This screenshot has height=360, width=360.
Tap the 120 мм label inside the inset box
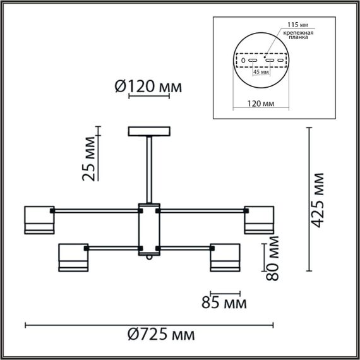click(x=260, y=102)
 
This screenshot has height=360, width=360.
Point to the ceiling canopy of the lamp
click(x=150, y=131)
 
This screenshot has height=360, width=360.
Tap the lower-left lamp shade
click(x=72, y=258)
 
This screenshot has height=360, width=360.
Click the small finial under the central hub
click(x=150, y=258)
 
